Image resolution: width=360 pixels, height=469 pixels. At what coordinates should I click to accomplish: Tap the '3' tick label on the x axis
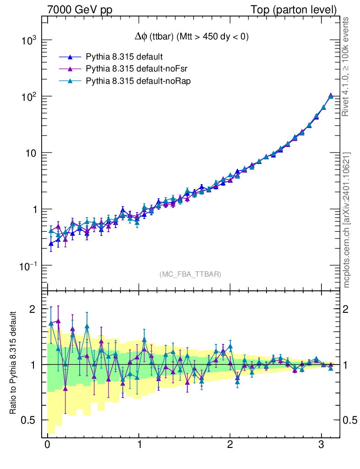322,446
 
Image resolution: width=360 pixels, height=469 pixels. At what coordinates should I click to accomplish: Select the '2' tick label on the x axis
230,446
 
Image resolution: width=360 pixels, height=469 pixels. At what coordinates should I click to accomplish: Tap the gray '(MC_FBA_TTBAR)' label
190,274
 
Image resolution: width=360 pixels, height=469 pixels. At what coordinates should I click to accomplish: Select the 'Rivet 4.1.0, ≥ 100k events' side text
346,67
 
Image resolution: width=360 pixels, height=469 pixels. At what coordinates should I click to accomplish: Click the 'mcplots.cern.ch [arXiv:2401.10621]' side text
347,219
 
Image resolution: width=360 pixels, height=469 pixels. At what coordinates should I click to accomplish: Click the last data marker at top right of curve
331,96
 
